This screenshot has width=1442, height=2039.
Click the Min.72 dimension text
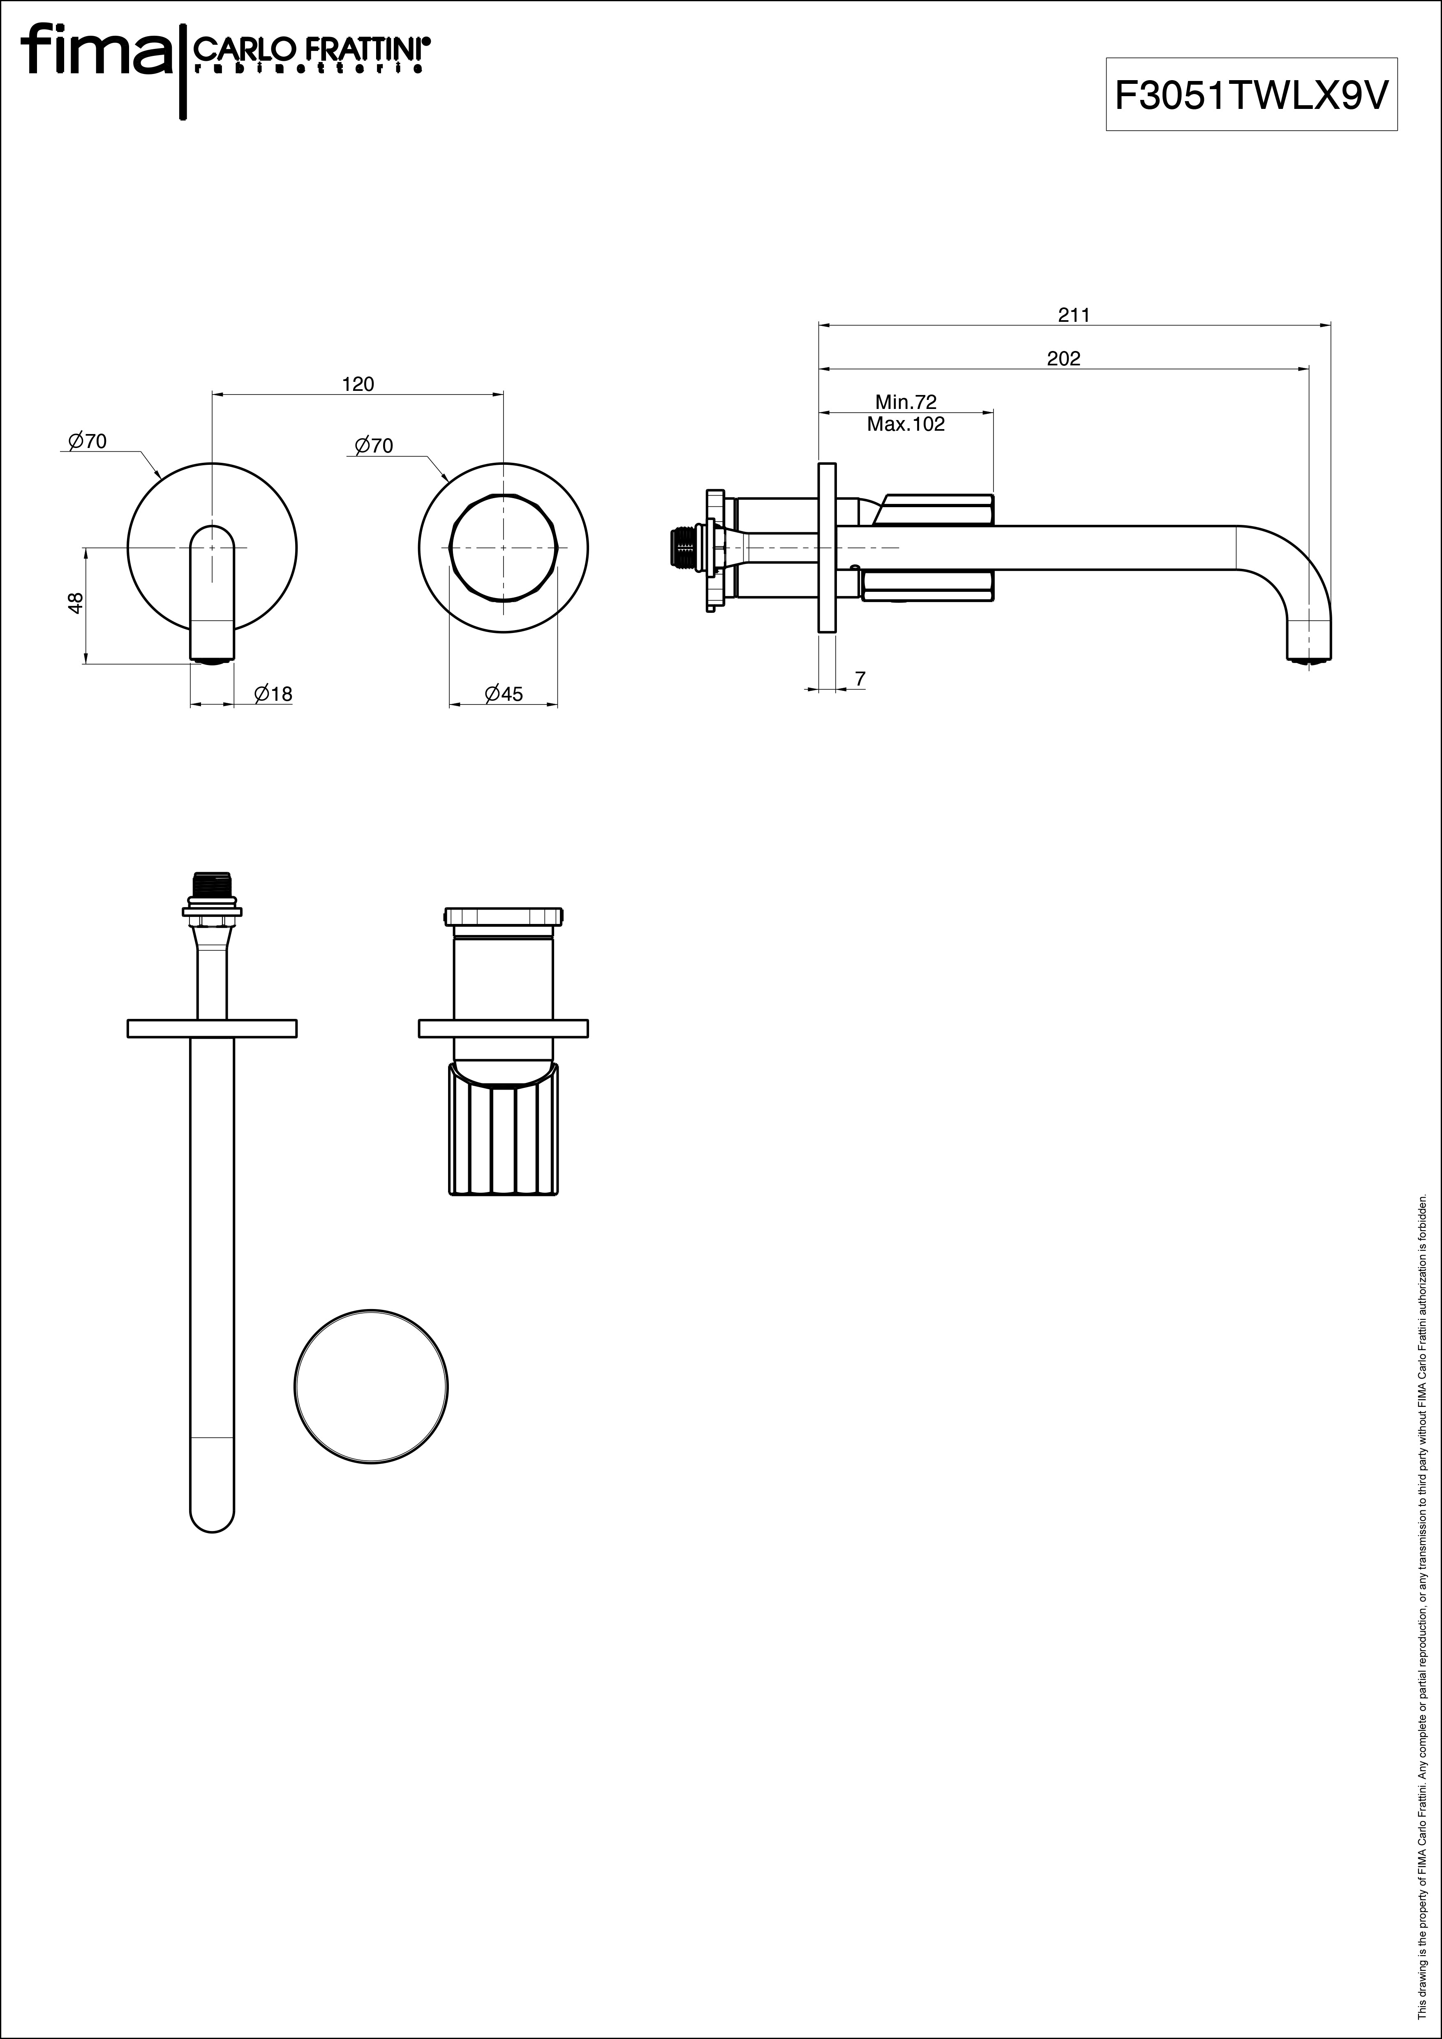(x=906, y=402)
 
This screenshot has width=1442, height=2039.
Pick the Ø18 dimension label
(x=273, y=694)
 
